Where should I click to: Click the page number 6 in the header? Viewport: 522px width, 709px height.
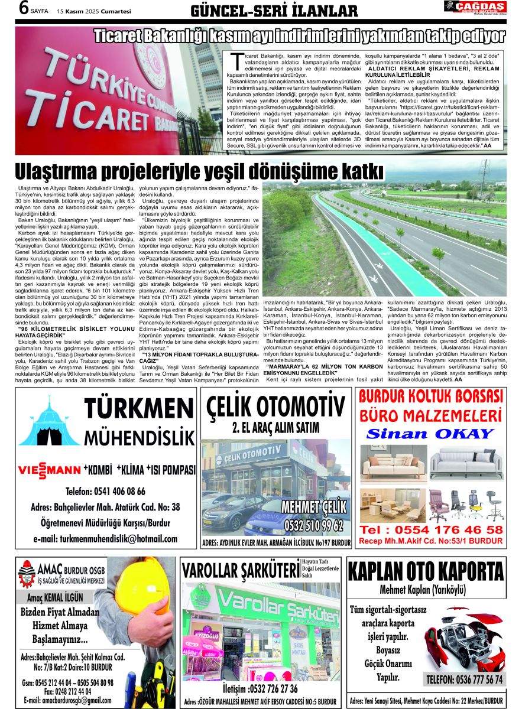(x=24, y=8)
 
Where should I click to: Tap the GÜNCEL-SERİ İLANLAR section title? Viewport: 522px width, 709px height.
(x=274, y=11)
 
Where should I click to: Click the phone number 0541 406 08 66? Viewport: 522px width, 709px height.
(x=105, y=492)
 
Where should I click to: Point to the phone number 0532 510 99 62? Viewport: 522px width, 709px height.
(x=313, y=525)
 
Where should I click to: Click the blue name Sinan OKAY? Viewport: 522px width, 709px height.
(x=430, y=433)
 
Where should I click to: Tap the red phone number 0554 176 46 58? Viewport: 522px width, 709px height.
(x=431, y=529)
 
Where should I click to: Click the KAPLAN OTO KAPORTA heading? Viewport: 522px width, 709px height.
(x=426, y=572)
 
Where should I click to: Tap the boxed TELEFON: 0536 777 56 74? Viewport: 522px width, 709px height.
(x=465, y=679)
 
